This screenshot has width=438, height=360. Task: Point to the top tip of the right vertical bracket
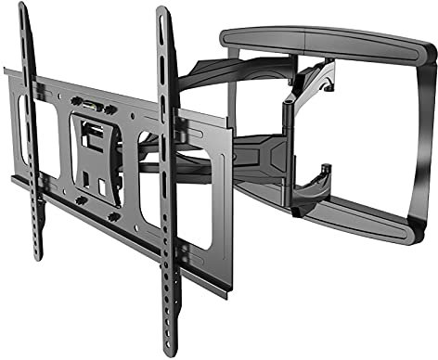[x=164, y=11]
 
